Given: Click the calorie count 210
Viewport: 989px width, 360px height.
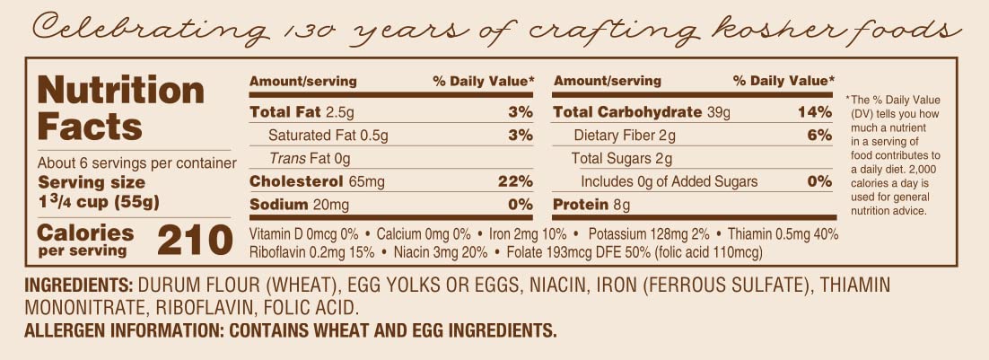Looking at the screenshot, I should [x=194, y=240].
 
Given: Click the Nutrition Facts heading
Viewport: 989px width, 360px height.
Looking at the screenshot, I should [x=121, y=109].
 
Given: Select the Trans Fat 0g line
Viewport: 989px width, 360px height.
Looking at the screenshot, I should [x=309, y=159].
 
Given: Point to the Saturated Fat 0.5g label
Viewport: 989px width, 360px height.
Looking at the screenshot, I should [x=328, y=136].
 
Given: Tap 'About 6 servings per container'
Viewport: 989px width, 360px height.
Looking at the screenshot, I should [x=136, y=163].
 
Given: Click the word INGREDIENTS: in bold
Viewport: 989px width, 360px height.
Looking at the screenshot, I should [x=78, y=286].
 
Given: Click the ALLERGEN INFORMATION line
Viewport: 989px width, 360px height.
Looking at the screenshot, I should [x=291, y=330].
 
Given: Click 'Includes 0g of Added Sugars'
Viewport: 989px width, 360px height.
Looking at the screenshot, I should [x=669, y=181].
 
